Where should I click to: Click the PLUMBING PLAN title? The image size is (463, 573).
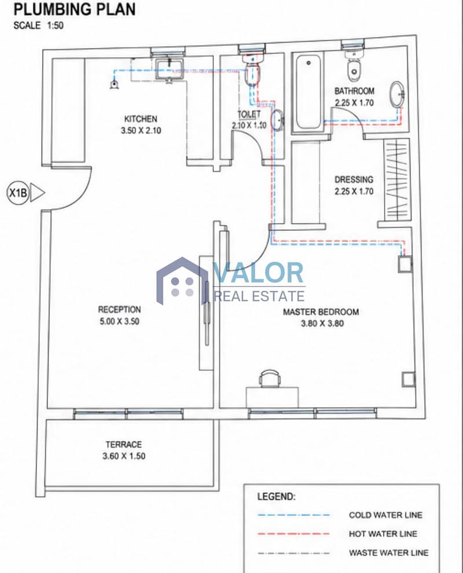[74, 9]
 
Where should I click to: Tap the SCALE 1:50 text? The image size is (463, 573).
[38, 25]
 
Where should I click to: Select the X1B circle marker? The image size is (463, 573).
[18, 192]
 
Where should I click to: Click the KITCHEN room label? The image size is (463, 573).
[141, 119]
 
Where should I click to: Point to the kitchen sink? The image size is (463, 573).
[170, 69]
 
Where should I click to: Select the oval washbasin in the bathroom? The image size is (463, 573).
[397, 95]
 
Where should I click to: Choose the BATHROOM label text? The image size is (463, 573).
[354, 91]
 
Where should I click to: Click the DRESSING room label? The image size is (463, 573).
[354, 179]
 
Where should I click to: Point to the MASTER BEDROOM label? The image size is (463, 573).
[321, 312]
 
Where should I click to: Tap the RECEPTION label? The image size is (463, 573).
[119, 310]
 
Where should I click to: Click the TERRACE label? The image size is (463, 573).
[123, 445]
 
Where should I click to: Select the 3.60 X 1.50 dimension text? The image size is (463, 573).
[124, 456]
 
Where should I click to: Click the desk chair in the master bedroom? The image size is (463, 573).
[270, 378]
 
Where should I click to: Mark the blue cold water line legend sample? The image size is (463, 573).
[293, 515]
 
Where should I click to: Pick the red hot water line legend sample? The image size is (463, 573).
[293, 534]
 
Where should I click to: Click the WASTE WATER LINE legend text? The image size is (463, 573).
[388, 553]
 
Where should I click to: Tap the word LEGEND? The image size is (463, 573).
[277, 497]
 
